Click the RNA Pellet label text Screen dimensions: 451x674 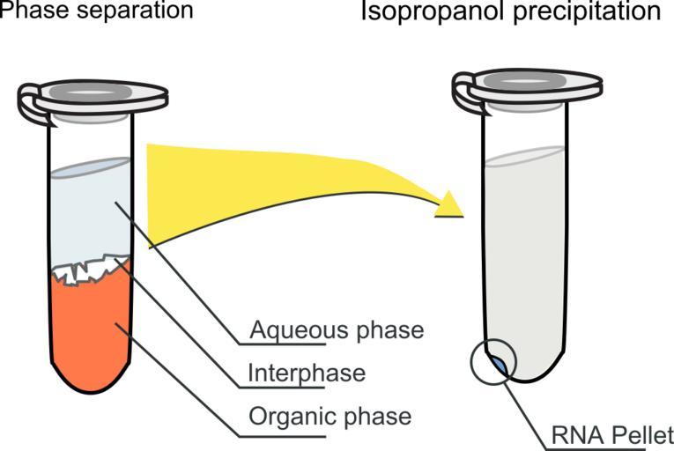[612, 435]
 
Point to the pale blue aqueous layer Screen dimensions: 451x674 [88, 211]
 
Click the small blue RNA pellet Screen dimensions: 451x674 [498, 363]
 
